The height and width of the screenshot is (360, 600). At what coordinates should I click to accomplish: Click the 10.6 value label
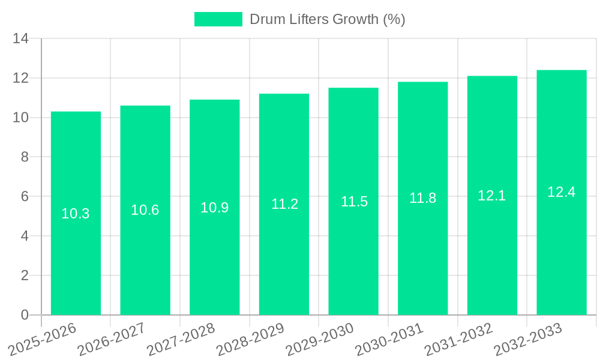[145, 210]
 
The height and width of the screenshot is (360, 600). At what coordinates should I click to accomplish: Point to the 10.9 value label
[215, 208]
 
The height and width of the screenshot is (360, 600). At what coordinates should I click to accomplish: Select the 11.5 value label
[354, 202]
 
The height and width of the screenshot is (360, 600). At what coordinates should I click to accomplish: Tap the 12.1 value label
[492, 196]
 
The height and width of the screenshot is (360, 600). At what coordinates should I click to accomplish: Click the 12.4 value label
[562, 192]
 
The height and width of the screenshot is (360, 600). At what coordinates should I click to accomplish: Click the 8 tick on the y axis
[25, 157]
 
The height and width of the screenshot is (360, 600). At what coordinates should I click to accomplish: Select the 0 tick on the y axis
[25, 315]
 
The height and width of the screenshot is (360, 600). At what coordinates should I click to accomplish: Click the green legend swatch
[218, 19]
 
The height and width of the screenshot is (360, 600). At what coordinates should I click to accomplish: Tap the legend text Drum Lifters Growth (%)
[327, 19]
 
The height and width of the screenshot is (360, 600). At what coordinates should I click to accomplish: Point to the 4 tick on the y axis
[25, 236]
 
